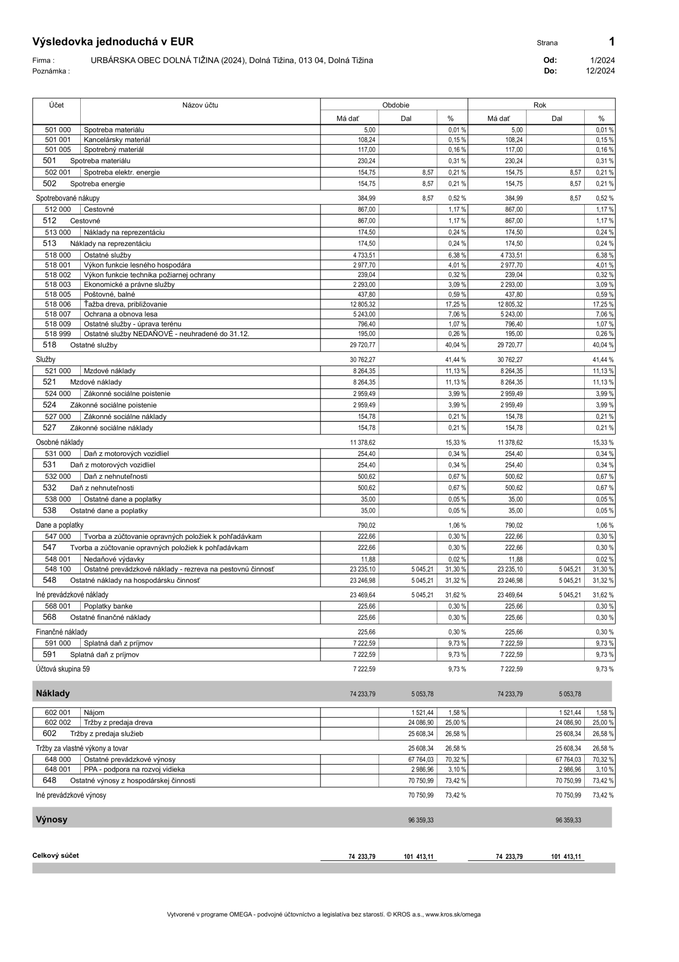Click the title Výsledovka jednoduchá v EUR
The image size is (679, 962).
[x=113, y=42]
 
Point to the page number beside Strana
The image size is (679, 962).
[x=611, y=42]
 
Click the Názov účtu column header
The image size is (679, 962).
[x=200, y=105]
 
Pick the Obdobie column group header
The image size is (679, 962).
[x=396, y=105]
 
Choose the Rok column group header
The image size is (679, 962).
[x=540, y=105]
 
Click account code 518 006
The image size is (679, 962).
[x=58, y=304]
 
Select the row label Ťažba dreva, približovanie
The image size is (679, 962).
[x=125, y=304]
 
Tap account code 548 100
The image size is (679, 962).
[x=58, y=569]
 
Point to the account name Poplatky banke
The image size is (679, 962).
[x=108, y=606]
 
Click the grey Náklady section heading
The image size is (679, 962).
[x=53, y=693]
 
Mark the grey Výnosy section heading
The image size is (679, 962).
[x=51, y=820]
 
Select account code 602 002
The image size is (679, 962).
[x=58, y=723]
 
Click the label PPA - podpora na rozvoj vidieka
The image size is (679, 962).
[x=134, y=769]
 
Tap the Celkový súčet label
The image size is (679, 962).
[x=56, y=856]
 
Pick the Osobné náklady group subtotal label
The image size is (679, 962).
[x=59, y=442]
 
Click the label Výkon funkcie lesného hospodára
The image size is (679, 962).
[x=137, y=265]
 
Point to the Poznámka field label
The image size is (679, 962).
[x=51, y=71]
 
